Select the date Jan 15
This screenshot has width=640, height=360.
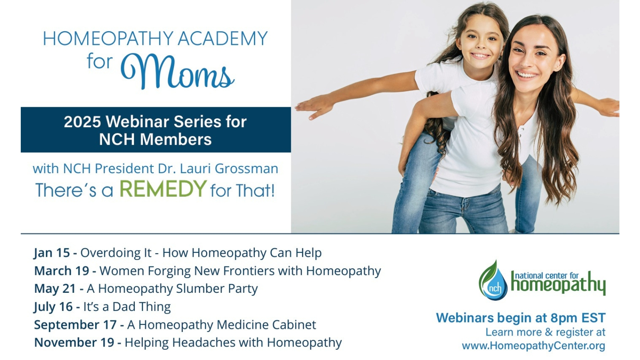(52, 253)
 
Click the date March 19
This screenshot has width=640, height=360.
(62, 271)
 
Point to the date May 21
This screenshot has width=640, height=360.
(55, 289)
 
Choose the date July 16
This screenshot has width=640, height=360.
(53, 307)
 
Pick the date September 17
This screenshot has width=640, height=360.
(75, 325)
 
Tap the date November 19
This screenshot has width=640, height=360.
(74, 342)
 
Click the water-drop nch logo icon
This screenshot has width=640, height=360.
(493, 280)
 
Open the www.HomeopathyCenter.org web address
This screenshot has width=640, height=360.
(534, 346)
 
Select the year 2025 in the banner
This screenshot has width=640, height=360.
(82, 122)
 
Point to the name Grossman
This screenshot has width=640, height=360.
(246, 168)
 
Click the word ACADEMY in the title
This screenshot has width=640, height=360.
(222, 38)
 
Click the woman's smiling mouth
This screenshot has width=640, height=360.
(527, 75)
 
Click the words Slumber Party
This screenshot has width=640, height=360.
(217, 289)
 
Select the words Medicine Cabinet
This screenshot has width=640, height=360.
(266, 325)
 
